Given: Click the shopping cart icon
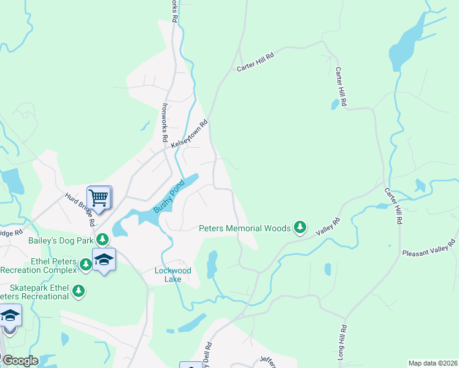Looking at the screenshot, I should click(x=98, y=197).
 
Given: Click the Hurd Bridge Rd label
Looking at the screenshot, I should click(x=79, y=207).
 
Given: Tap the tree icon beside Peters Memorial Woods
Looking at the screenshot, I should click(x=299, y=228).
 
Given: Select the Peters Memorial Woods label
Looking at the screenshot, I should click(x=245, y=229).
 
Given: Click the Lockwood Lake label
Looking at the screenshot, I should click(x=173, y=275).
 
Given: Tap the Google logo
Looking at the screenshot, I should click(x=20, y=361).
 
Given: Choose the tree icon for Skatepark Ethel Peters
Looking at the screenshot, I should click(x=78, y=291).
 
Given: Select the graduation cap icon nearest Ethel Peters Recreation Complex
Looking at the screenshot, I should click(x=104, y=259).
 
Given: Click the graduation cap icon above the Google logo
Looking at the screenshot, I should click(x=10, y=316).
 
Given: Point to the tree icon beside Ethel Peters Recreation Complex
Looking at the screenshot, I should click(x=86, y=264).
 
